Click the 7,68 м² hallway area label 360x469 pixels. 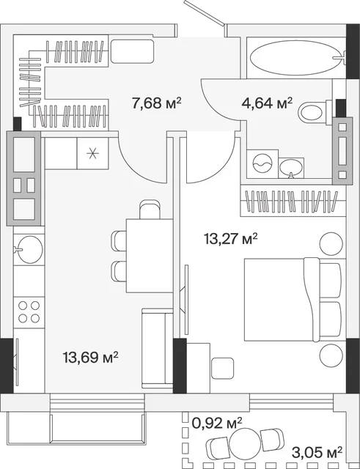(156, 103)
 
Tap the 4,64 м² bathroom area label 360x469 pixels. (267, 103)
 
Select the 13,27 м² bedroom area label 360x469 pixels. (231, 239)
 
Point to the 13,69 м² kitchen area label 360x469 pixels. (90, 357)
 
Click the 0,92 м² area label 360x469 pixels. (217, 423)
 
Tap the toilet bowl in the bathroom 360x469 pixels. (313, 112)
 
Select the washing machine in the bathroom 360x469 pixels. (262, 164)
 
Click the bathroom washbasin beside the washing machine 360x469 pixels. (291, 168)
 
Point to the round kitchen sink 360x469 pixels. (29, 249)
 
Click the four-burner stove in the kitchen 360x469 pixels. (29, 312)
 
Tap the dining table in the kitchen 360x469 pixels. (150, 256)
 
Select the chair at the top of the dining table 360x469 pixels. (150, 210)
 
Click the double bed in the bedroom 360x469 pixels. (293, 300)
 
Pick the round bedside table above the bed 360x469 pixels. (331, 244)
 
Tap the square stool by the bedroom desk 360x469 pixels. (222, 368)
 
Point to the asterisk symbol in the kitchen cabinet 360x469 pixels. (92, 153)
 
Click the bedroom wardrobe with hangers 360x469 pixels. (293, 200)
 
